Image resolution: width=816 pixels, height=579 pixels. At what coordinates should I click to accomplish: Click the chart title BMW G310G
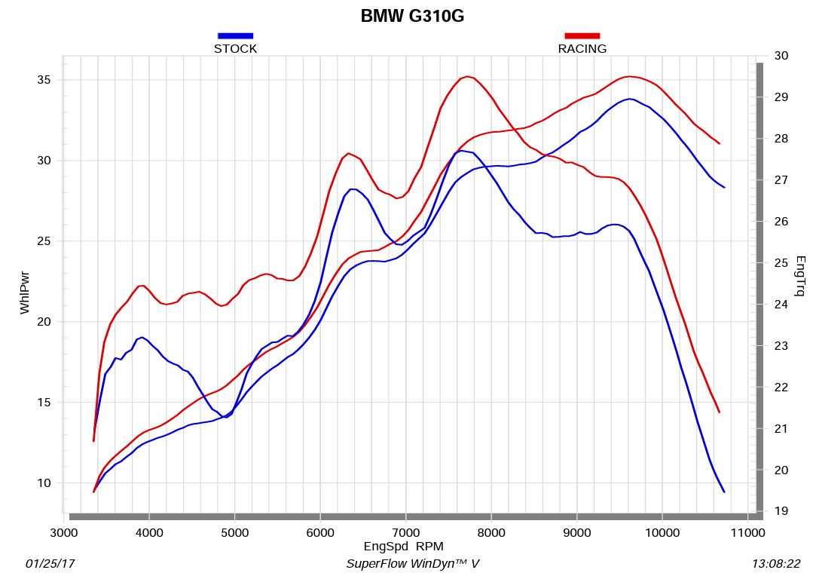pyautogui.click(x=412, y=16)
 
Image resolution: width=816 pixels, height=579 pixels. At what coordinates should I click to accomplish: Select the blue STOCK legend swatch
pyautogui.click(x=235, y=35)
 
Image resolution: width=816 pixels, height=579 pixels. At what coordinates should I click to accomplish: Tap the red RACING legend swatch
pyautogui.click(x=582, y=35)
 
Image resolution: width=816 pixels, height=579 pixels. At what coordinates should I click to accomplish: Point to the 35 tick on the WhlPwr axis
pyautogui.click(x=46, y=80)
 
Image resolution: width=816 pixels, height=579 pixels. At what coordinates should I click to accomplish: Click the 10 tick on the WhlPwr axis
pyautogui.click(x=46, y=483)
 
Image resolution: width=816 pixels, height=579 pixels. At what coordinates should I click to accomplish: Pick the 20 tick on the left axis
pyautogui.click(x=46, y=322)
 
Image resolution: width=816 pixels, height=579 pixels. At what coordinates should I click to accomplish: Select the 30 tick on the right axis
pyautogui.click(x=781, y=56)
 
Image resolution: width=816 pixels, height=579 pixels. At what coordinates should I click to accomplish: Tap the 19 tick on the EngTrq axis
pyautogui.click(x=781, y=511)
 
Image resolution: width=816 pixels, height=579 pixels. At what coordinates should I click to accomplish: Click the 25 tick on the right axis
pyautogui.click(x=781, y=263)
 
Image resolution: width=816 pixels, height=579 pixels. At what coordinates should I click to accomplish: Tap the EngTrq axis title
pyautogui.click(x=800, y=276)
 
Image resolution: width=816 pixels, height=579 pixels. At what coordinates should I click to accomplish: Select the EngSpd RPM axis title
pyautogui.click(x=403, y=547)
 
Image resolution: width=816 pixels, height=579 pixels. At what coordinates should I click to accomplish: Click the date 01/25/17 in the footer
pyautogui.click(x=50, y=564)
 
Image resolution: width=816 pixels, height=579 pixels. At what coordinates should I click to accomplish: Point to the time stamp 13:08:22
pyautogui.click(x=776, y=564)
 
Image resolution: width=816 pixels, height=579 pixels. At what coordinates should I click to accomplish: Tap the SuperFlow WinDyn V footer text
pyautogui.click(x=412, y=564)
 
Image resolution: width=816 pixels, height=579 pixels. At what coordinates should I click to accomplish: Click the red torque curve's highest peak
pyautogui.click(x=468, y=76)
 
